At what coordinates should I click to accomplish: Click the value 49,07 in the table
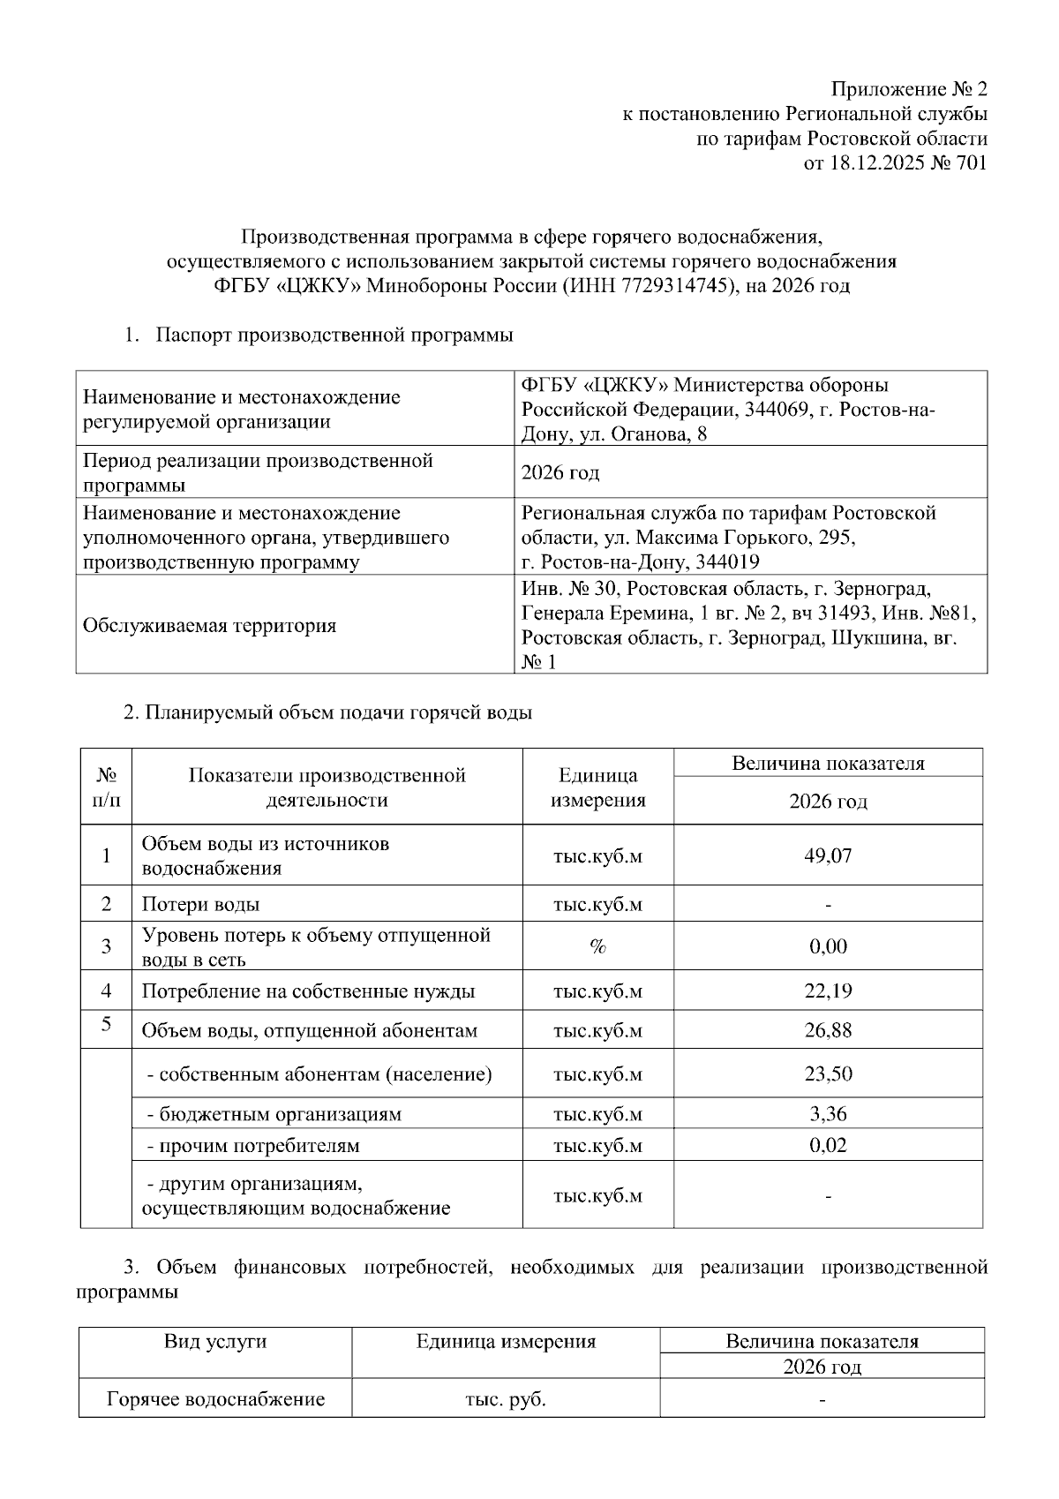pos(828,855)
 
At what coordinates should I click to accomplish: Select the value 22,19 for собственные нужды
pos(828,991)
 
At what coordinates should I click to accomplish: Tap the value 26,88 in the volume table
pos(828,1030)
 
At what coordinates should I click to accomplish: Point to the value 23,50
pos(828,1073)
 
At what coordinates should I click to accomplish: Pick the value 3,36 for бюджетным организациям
pos(828,1114)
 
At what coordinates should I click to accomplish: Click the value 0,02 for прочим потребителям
pos(828,1146)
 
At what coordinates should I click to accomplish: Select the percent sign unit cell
pos(597,946)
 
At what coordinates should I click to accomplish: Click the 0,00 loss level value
pos(828,946)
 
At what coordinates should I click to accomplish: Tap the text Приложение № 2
pos(910,89)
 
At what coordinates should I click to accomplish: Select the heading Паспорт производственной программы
pos(334,335)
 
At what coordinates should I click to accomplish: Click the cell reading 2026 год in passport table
pos(560,473)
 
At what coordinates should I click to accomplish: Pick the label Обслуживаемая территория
pos(209,626)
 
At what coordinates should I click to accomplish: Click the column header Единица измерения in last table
pos(506,1342)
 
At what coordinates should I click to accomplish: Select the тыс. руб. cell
pos(505,1399)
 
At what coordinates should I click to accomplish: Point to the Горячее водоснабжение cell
pos(215,1399)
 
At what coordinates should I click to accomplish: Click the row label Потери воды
pos(200,904)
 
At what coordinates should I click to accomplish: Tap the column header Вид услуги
pos(215,1342)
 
